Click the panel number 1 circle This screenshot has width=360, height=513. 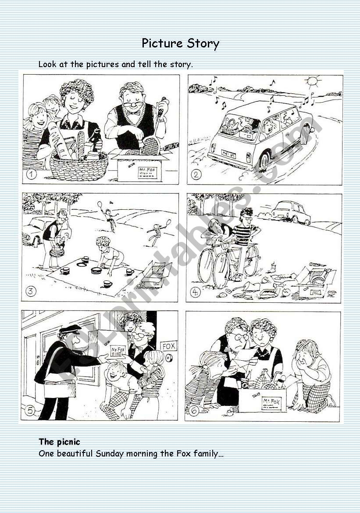(32, 174)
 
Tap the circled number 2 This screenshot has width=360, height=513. (196, 174)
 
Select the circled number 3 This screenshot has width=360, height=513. (31, 291)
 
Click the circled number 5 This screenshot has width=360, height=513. (30, 410)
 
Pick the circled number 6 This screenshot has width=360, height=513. (194, 411)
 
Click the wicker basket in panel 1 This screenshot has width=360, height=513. (79, 167)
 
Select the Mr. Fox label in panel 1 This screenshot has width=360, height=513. (147, 173)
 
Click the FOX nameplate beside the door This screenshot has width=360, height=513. (169, 346)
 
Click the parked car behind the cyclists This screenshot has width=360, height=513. (291, 212)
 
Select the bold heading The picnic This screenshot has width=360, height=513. (59, 442)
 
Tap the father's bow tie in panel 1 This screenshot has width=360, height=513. (132, 113)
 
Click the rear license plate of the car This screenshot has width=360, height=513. (228, 153)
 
